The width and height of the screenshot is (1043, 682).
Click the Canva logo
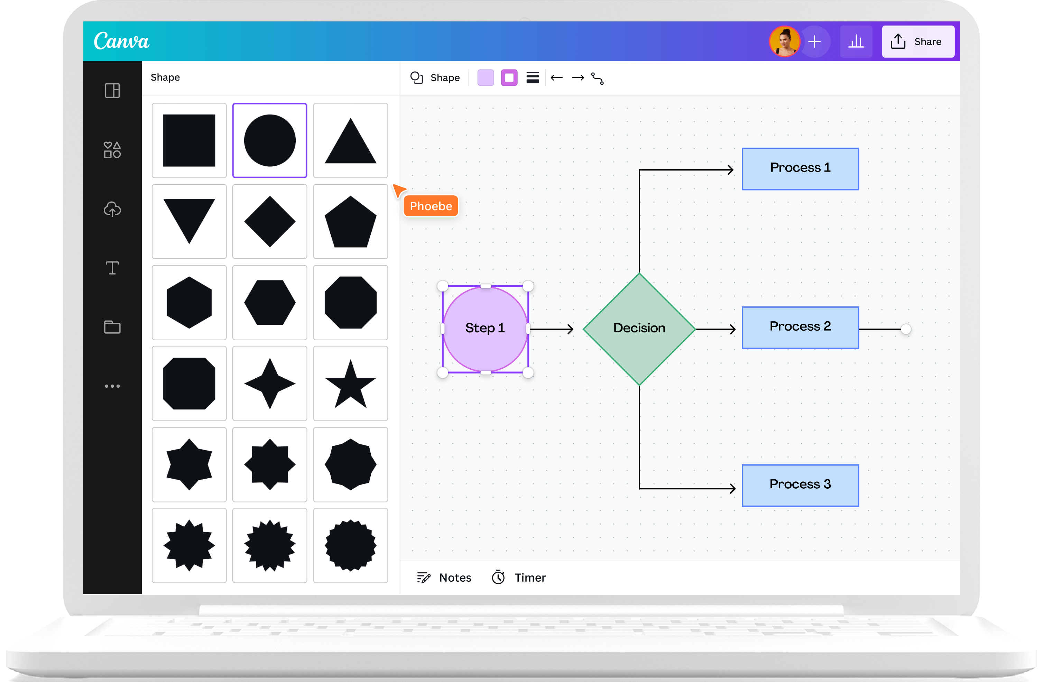tap(121, 41)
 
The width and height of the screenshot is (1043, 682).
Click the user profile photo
tap(784, 42)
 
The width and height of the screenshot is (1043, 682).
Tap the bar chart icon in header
tap(856, 42)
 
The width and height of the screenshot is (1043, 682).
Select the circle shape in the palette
tap(269, 140)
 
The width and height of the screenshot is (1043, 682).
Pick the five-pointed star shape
tap(351, 384)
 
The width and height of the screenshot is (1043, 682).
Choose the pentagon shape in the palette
tap(351, 221)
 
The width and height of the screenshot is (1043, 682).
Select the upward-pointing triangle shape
tap(351, 140)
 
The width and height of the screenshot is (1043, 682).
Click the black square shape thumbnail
tap(189, 140)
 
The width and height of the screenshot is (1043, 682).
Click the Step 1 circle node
tap(485, 329)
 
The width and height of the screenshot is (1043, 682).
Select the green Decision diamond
tap(639, 329)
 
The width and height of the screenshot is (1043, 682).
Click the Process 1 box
tap(800, 169)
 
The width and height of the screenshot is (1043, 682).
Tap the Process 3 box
tap(800, 485)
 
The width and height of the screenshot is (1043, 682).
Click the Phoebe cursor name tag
tap(431, 206)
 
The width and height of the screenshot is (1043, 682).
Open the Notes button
tap(444, 578)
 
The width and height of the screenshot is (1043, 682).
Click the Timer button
tap(519, 578)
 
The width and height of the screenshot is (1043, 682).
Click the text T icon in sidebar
tap(112, 268)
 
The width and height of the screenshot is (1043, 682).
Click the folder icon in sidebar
tap(112, 327)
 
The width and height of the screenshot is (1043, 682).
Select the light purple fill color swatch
tap(486, 77)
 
